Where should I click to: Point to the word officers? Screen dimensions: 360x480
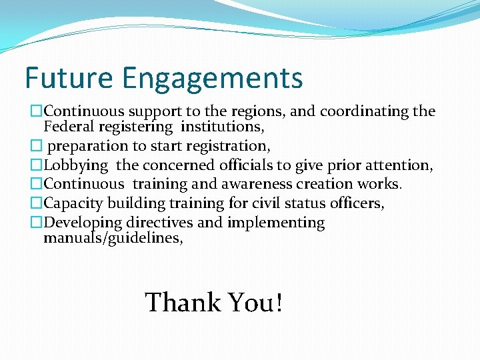tap(356, 203)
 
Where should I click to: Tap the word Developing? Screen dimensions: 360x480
tap(83, 223)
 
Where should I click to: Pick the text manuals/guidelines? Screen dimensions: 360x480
tap(113, 237)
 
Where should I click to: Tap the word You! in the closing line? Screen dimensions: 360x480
tap(256, 303)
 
